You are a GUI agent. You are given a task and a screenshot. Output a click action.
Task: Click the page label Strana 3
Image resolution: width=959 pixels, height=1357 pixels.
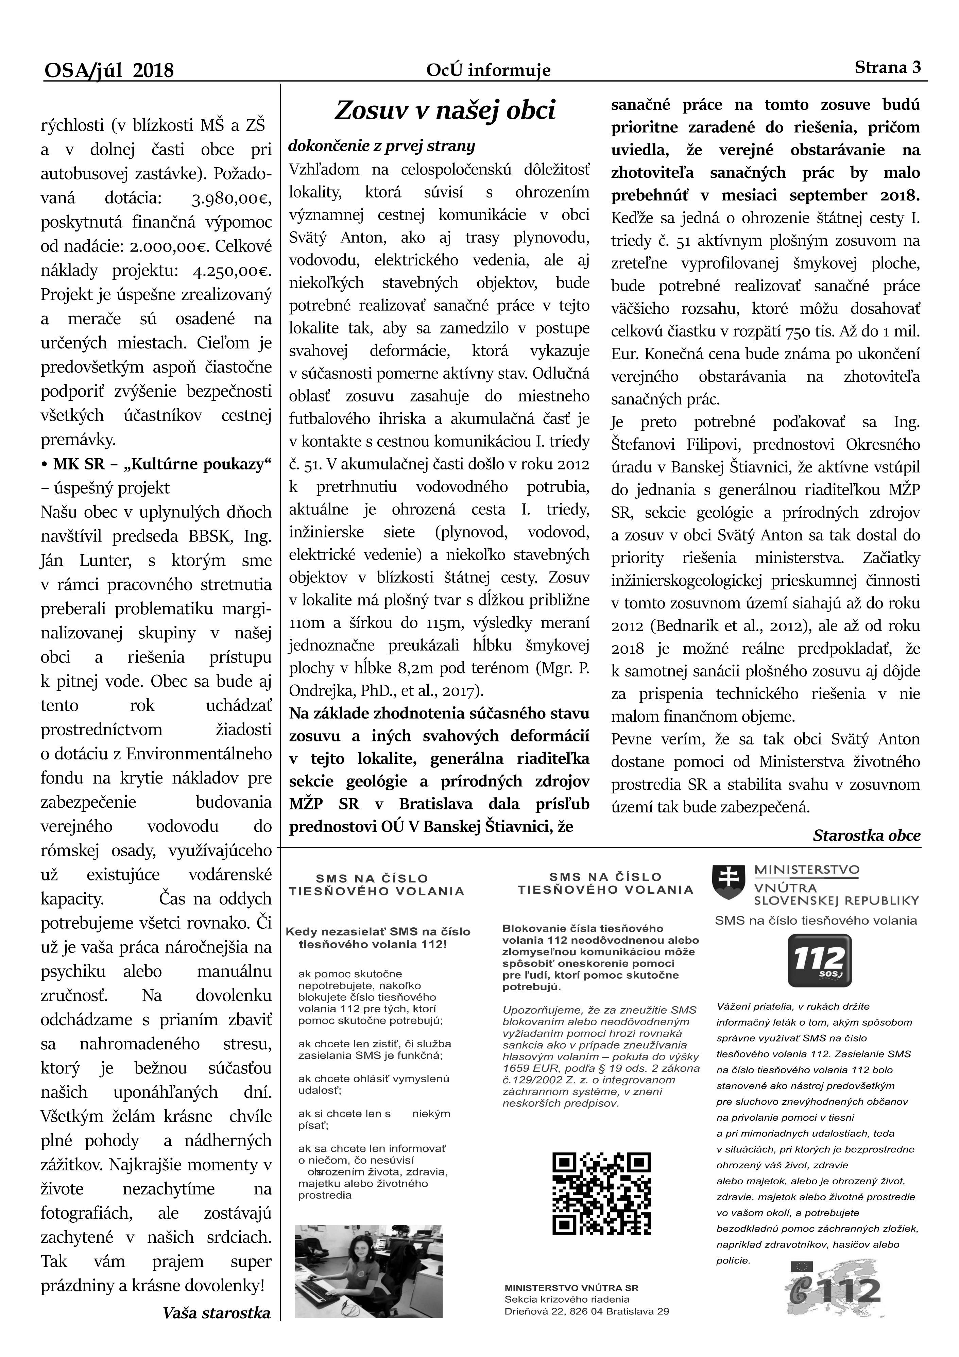pos(888,67)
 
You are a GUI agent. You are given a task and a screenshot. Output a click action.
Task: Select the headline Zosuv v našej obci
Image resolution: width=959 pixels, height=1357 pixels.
pos(445,110)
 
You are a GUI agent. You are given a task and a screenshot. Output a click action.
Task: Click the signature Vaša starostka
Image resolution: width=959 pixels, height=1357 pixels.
pos(217,1330)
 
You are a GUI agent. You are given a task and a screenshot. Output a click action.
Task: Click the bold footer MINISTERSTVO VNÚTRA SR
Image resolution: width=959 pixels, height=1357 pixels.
pos(571,1300)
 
